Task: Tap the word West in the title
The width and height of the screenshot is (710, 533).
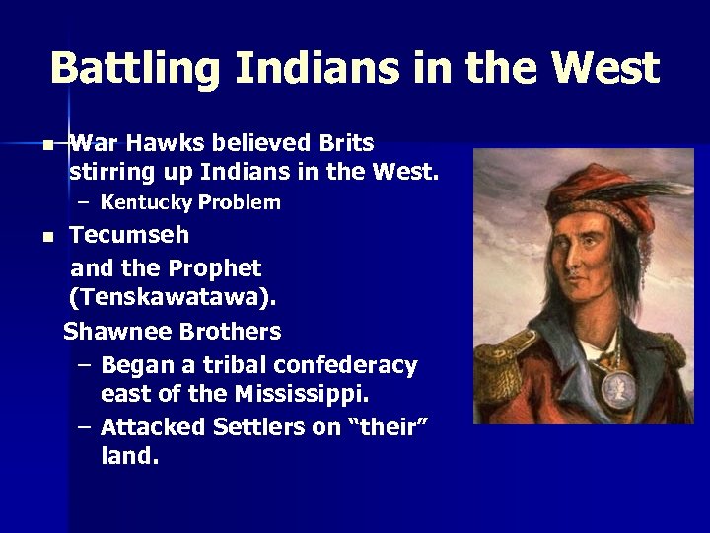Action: coord(605,68)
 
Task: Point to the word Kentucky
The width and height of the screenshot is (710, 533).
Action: coord(145,203)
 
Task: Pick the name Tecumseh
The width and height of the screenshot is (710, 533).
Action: coord(129,236)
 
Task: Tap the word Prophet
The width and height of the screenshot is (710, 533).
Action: coord(214,268)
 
